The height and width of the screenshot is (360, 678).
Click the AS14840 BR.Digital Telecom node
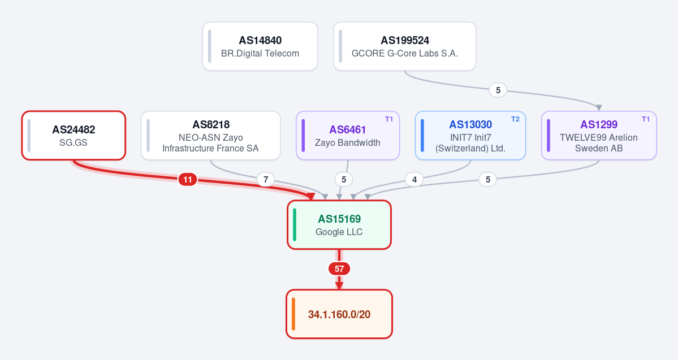click(260, 46)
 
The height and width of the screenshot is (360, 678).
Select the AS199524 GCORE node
click(404, 46)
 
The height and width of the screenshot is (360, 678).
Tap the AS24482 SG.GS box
click(74, 135)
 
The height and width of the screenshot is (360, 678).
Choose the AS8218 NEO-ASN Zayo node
click(210, 135)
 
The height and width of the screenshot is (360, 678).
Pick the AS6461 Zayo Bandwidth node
click(348, 135)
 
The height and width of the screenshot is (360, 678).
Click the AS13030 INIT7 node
click(470, 135)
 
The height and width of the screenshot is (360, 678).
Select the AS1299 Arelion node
click(599, 135)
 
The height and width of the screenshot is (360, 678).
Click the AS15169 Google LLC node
click(339, 225)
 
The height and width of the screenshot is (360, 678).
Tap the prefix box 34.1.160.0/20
click(339, 314)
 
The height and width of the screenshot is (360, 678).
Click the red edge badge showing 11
click(188, 179)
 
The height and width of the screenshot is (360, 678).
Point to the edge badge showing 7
click(266, 179)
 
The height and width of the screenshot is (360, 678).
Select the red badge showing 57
click(339, 269)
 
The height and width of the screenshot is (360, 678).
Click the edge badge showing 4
click(414, 179)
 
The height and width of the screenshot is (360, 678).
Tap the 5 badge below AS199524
click(498, 90)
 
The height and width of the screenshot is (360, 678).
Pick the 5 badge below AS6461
click(344, 179)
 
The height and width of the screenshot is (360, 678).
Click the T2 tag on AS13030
click(515, 119)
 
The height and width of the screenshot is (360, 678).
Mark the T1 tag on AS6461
click(389, 119)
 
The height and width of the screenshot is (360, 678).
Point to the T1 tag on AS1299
click(646, 119)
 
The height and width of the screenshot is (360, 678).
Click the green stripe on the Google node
click(295, 225)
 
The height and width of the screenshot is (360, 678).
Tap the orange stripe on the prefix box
click(293, 314)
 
